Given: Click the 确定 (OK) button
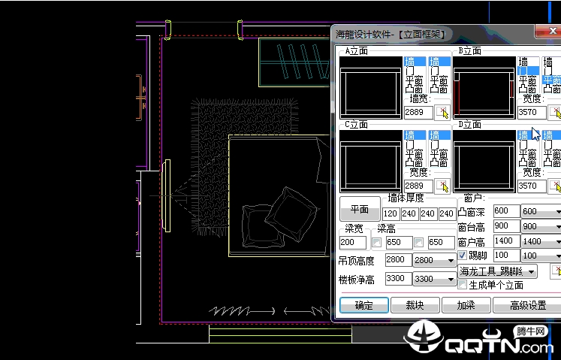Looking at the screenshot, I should click(x=363, y=306).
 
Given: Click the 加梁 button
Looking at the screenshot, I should click(x=466, y=306).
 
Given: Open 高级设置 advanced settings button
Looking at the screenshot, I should click(x=527, y=306).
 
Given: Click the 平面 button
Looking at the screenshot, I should click(x=360, y=209).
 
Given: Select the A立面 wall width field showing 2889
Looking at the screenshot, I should click(x=418, y=112).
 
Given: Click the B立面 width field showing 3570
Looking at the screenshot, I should click(x=532, y=112).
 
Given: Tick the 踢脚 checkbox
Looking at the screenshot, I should click(x=463, y=256).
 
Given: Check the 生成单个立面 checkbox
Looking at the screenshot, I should click(x=463, y=285).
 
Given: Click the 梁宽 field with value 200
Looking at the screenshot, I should click(x=352, y=243).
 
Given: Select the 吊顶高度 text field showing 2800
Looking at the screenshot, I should click(x=397, y=260).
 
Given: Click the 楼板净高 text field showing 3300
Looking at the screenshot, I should click(x=397, y=279).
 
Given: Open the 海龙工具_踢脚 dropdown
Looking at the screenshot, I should click(x=498, y=271).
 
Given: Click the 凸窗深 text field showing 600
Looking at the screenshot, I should click(x=505, y=211).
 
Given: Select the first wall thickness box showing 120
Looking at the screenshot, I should click(x=391, y=214).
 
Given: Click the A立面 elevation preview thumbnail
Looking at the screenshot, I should click(x=370, y=92).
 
